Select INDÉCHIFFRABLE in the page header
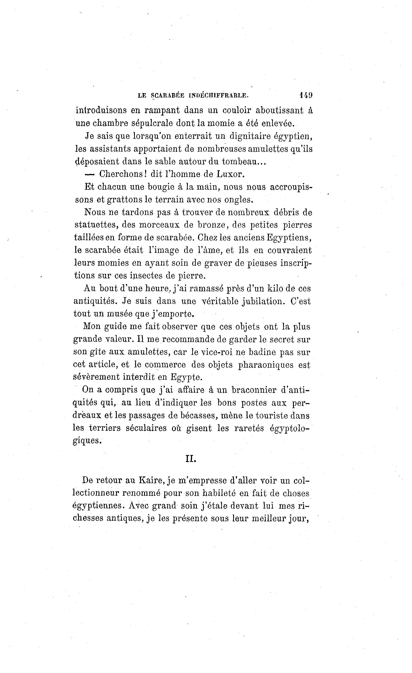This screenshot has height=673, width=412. tap(218, 96)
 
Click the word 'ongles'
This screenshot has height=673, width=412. tap(238, 200)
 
